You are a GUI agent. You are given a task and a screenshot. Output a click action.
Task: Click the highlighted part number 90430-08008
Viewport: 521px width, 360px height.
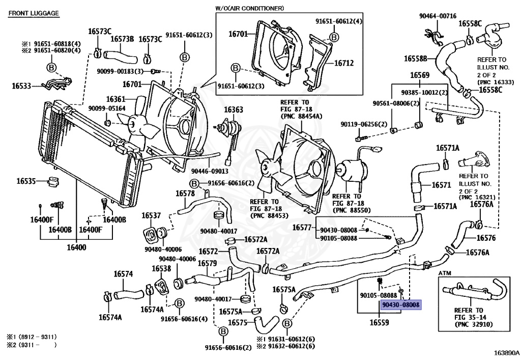pyautogui.click(x=401, y=304)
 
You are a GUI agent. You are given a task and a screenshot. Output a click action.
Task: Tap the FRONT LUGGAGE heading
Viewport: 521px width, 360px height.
pyautogui.click(x=34, y=13)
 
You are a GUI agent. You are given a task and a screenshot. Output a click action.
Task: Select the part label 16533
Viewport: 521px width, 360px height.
pyautogui.click(x=21, y=86)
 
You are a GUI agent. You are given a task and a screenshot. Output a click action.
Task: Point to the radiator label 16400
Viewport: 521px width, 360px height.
pyautogui.click(x=76, y=247)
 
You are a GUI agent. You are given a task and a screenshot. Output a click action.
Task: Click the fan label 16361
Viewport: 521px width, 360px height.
pyautogui.click(x=115, y=99)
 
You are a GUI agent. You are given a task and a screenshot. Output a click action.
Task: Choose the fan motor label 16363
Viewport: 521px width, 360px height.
pyautogui.click(x=233, y=109)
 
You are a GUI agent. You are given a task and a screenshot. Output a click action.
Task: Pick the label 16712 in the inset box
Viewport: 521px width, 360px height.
pyautogui.click(x=344, y=63)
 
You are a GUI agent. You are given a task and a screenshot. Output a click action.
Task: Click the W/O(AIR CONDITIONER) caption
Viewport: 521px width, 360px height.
pyautogui.click(x=249, y=8)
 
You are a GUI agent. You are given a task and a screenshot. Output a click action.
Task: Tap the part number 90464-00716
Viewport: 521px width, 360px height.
pyautogui.click(x=438, y=16)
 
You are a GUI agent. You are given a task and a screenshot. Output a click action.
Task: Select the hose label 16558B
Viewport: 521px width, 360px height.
pyautogui.click(x=415, y=59)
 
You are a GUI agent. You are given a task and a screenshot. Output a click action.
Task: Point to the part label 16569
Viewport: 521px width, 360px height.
pyautogui.click(x=420, y=75)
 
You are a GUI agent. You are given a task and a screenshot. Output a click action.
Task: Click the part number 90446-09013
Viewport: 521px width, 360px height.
pyautogui.click(x=210, y=171)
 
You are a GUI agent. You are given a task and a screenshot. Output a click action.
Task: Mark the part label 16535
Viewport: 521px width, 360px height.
pyautogui.click(x=26, y=181)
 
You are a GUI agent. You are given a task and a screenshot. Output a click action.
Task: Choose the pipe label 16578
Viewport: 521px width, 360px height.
pyautogui.click(x=185, y=193)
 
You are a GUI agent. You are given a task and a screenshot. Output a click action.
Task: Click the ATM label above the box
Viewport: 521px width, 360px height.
pyautogui.click(x=445, y=273)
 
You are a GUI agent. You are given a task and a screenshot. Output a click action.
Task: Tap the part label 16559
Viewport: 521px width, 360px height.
pyautogui.click(x=379, y=322)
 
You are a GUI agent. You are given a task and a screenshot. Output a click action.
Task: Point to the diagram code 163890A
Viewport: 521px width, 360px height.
pyautogui.click(x=506, y=353)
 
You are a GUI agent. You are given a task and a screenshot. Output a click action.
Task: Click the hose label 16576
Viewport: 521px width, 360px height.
pyautogui.click(x=486, y=238)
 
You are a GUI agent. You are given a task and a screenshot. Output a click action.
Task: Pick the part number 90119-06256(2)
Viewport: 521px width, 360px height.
pyautogui.click(x=364, y=124)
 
